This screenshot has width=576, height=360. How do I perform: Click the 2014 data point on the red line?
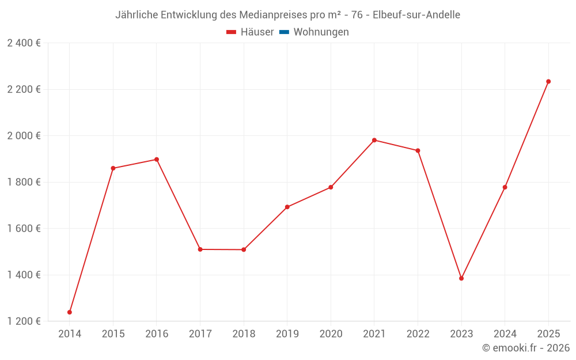(70, 312)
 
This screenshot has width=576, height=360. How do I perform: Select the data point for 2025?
(548, 81)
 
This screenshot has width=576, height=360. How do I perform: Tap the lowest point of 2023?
(461, 278)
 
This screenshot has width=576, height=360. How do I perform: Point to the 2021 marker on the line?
(374, 140)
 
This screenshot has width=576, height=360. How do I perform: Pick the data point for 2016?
(157, 160)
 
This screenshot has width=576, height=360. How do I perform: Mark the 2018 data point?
(244, 249)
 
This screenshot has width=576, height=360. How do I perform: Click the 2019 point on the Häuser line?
(287, 207)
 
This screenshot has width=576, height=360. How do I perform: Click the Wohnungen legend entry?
(321, 32)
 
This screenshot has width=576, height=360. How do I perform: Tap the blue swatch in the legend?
(284, 32)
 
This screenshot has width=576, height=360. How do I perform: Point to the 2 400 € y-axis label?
(24, 43)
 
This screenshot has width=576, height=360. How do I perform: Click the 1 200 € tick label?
(24, 321)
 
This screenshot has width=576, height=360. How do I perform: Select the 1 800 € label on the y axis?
(24, 182)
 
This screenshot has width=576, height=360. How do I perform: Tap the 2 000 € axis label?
(24, 136)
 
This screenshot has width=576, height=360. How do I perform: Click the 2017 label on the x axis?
(200, 334)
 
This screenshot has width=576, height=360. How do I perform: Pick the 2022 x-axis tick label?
(418, 334)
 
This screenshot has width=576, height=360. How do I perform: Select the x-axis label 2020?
(331, 334)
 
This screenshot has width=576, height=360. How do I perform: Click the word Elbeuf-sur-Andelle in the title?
(416, 15)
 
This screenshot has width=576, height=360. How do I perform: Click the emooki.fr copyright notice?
(526, 348)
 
